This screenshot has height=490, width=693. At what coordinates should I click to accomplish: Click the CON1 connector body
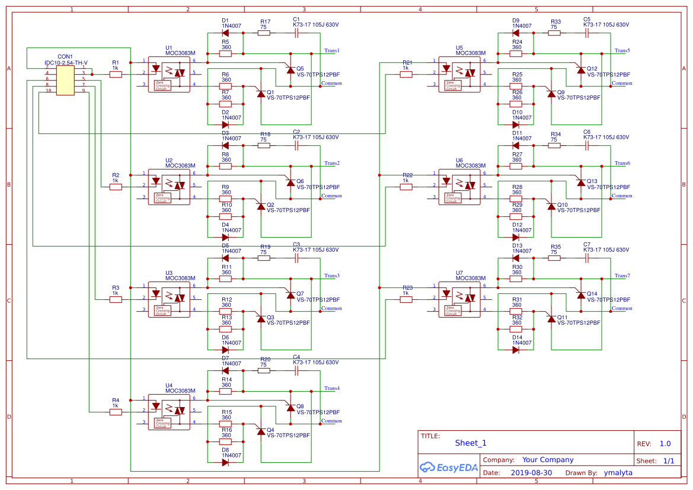click(65, 80)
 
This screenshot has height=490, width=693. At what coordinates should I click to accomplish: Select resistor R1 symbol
click(116, 74)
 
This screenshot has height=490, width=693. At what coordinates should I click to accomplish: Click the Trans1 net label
click(331, 51)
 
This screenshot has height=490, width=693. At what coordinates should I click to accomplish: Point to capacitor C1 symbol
click(296, 33)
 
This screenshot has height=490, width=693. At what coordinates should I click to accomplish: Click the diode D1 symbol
click(225, 33)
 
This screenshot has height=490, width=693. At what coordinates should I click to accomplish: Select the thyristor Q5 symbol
click(290, 70)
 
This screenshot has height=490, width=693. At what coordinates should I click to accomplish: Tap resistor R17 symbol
click(264, 33)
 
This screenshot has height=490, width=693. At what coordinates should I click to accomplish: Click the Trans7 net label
click(622, 276)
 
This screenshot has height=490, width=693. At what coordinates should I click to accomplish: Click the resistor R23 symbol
click(406, 299)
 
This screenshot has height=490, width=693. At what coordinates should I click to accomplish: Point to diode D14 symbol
click(516, 350)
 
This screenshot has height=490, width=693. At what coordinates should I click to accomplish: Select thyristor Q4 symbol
click(261, 431)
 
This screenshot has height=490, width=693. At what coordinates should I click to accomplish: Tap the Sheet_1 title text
click(471, 443)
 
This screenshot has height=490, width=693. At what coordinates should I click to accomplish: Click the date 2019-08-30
click(531, 473)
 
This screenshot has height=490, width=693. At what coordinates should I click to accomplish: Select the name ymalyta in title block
click(618, 473)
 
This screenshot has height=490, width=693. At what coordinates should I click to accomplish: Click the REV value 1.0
click(665, 444)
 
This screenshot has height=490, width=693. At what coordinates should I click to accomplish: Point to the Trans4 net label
click(331, 389)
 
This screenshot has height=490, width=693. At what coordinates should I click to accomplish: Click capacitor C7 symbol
click(587, 258)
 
